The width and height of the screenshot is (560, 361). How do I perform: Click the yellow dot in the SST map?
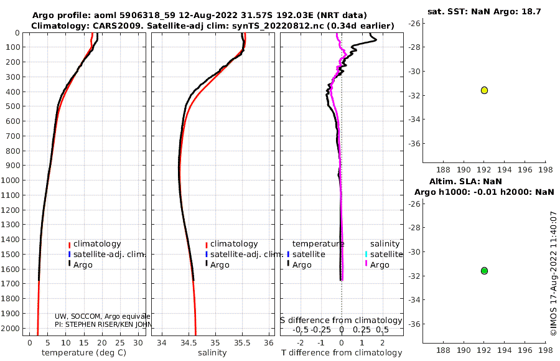pos(484,90)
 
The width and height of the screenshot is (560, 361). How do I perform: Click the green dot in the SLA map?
pos(484,271)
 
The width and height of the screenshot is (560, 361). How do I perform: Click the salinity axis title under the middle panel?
pos(213,353)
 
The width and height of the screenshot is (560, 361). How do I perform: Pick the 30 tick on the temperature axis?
pos(138,342)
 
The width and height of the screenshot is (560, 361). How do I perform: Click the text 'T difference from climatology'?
pos(341,353)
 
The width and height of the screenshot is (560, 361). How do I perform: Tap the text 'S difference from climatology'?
pos(341,321)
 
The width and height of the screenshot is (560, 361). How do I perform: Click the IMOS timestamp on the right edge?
pos(553,274)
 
